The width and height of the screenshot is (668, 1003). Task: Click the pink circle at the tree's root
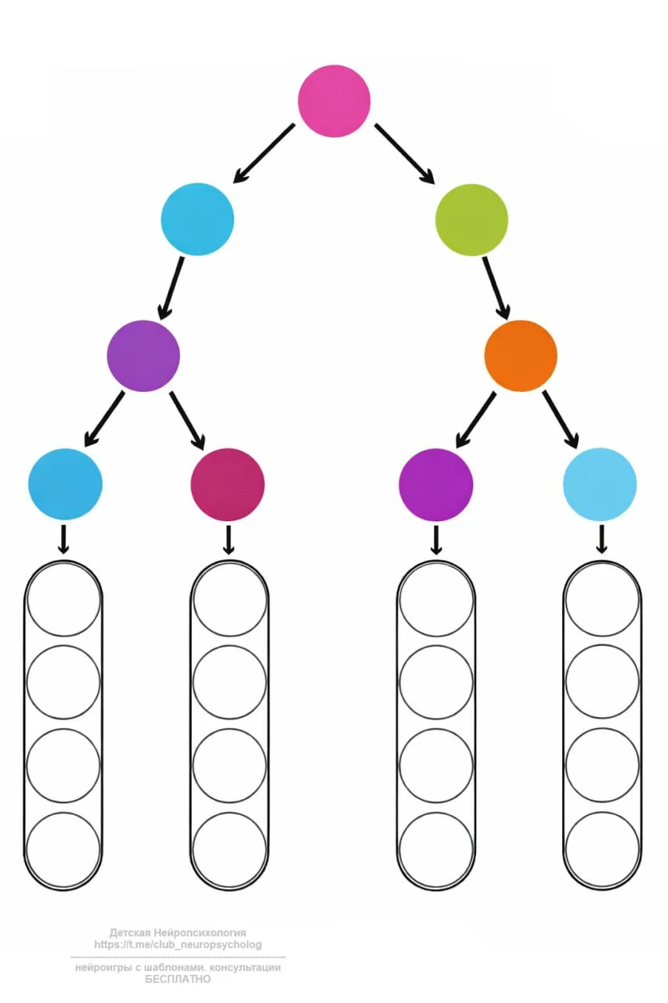[334, 101]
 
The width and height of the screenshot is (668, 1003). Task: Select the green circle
[471, 219]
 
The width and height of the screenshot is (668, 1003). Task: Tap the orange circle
[520, 355]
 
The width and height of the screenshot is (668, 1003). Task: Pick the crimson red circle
[227, 484]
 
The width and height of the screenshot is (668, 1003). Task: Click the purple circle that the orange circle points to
[435, 484]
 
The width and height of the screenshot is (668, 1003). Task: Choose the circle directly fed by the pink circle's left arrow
[197, 219]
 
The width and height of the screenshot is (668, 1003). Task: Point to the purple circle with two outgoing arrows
[143, 355]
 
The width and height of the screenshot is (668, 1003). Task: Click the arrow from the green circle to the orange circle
[496, 287]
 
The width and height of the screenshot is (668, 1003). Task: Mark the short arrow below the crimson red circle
[228, 540]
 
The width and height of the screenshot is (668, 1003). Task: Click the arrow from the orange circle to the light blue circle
[561, 419]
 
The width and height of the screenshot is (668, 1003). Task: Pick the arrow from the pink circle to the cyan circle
[265, 153]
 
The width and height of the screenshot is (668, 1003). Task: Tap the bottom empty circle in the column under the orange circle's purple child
[436, 849]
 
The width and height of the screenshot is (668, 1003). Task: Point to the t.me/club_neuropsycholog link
[178, 945]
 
